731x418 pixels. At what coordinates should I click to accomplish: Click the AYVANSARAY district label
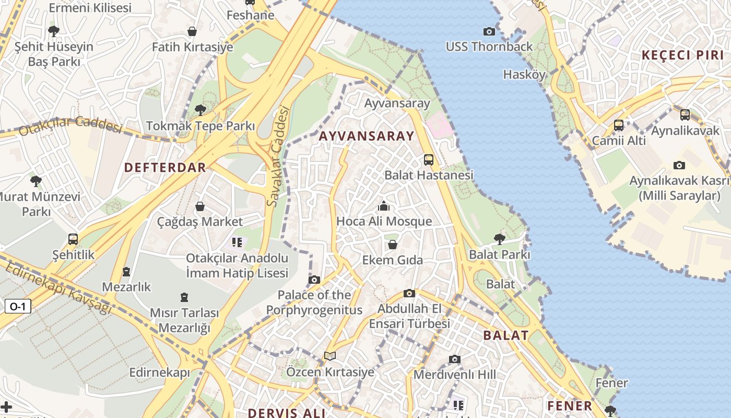tap(366, 136)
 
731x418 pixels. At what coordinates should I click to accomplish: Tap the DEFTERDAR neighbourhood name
tap(165, 168)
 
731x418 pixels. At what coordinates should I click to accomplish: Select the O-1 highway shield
tap(18, 306)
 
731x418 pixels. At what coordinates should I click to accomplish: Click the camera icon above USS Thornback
tap(489, 32)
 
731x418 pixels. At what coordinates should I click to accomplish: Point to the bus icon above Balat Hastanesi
tap(429, 160)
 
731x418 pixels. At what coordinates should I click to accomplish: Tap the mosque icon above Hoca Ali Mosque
tap(384, 206)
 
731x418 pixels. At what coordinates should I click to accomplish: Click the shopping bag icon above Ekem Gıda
tap(393, 245)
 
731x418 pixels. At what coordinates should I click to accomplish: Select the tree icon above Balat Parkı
tap(500, 239)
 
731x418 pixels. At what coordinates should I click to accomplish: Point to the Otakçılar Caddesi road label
tap(70, 125)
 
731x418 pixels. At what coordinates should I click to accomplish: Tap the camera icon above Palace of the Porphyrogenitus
tap(314, 280)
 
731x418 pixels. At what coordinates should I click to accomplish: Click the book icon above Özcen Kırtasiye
tap(330, 356)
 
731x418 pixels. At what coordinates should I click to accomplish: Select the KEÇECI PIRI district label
tap(682, 55)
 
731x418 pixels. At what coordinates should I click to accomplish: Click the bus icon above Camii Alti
tap(619, 125)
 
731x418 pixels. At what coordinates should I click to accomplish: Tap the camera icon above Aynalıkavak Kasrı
tap(679, 166)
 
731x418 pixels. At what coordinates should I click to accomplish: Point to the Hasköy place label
tap(524, 75)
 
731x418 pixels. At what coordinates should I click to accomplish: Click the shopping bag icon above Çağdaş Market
tap(200, 207)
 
